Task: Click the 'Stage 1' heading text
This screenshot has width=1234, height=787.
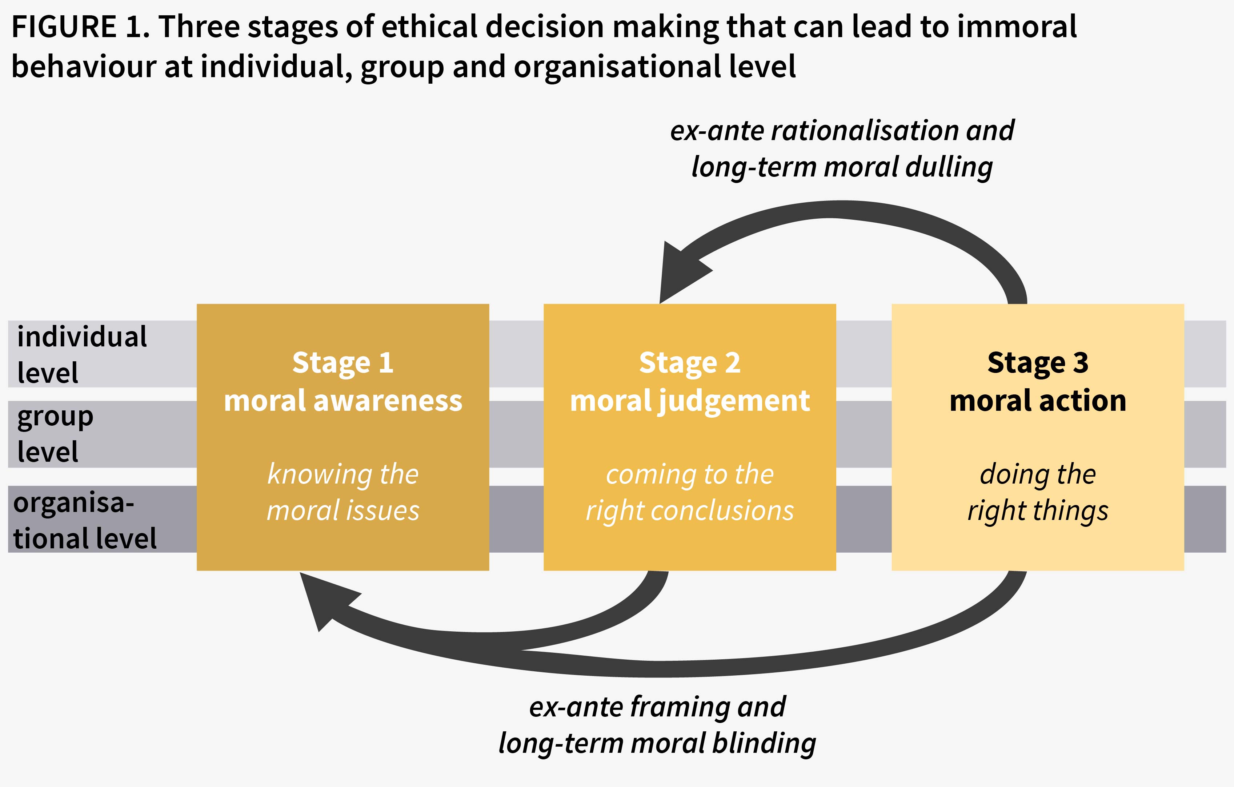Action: coord(343,363)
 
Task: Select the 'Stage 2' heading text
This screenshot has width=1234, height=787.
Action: coord(689,363)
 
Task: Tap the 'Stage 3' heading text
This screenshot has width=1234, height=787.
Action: coord(1038,363)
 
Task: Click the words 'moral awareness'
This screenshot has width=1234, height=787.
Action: coord(343,401)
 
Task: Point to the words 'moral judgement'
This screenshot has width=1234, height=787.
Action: coord(689,401)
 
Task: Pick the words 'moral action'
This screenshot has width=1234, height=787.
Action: coord(1038,401)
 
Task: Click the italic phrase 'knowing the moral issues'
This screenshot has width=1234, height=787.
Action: coord(343,492)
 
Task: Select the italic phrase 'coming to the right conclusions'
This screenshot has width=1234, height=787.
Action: coord(689,492)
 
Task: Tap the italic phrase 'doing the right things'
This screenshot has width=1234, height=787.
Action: coord(1038,492)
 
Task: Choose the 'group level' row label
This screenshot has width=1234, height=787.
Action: coord(55,434)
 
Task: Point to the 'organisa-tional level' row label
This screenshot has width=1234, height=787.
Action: coord(85,520)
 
